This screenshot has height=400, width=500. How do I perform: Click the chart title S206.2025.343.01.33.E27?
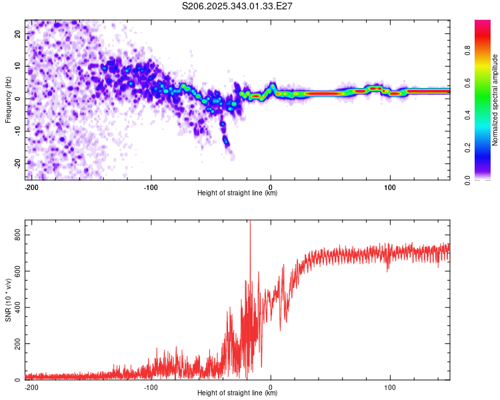pyautogui.click(x=238, y=5)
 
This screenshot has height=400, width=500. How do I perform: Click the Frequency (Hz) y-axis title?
pyautogui.click(x=8, y=99)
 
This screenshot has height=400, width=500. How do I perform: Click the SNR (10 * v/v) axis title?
pyautogui.click(x=8, y=300)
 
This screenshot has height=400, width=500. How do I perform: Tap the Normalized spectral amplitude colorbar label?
pyautogui.click(x=495, y=100)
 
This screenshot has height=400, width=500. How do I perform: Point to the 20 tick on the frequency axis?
pyautogui.click(x=18, y=33)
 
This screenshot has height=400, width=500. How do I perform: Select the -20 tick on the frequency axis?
pyautogui.click(x=17, y=163)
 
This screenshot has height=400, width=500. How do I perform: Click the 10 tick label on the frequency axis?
pyautogui.click(x=18, y=66)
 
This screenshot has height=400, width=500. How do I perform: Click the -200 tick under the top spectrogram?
pyautogui.click(x=31, y=186)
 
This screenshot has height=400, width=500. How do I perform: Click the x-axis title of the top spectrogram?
pyautogui.click(x=237, y=193)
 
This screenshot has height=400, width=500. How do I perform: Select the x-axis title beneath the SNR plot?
pyautogui.click(x=237, y=393)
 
